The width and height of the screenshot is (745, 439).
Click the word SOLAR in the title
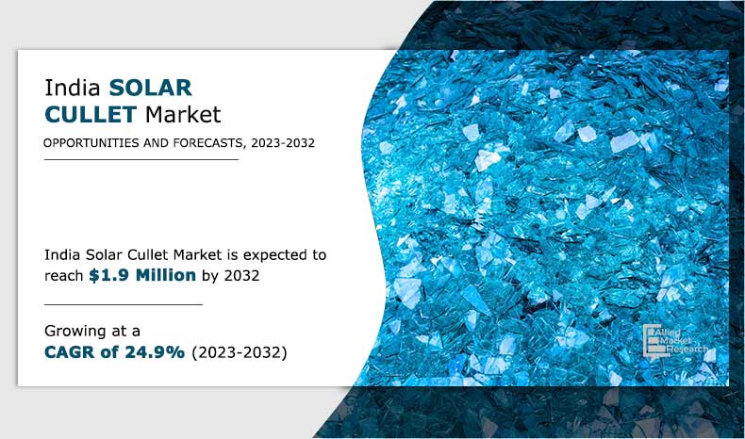click(150, 89)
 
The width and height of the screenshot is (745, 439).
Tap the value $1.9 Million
click(142, 275)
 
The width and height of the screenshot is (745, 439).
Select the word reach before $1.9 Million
click(64, 275)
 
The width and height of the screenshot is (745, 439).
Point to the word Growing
click(79, 331)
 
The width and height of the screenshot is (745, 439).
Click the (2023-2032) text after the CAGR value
click(240, 352)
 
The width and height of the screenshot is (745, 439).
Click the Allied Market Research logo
click(669, 340)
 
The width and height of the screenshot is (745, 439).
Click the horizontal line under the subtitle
click(141, 160)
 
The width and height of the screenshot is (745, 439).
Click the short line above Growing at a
click(124, 304)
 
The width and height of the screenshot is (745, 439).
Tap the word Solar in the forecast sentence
click(102, 255)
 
